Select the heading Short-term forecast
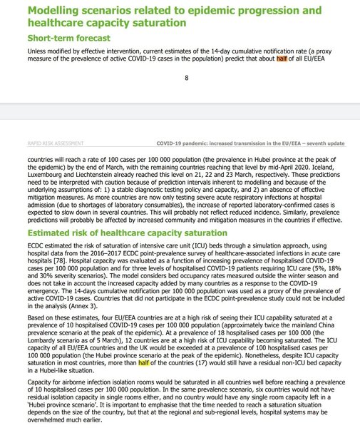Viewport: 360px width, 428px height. tap(68, 37)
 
